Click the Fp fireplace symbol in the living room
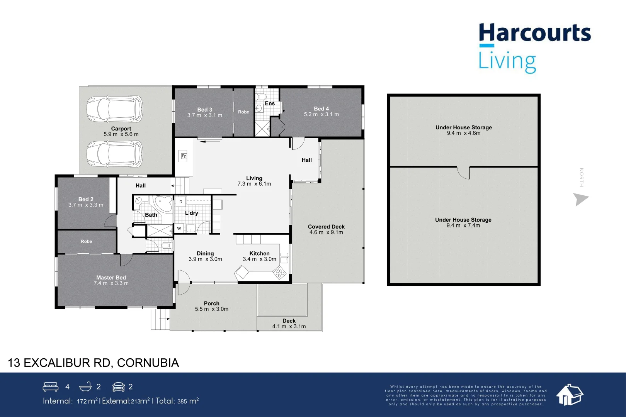[184, 156]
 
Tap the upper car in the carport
[114, 109]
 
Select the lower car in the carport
[114, 154]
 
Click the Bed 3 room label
[204, 110]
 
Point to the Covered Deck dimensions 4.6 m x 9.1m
[326, 232]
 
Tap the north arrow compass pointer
[580, 199]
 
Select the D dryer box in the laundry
[180, 202]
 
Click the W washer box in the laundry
[179, 229]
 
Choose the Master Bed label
[111, 278]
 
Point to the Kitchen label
[259, 254]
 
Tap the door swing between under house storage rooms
[463, 173]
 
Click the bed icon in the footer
[51, 386]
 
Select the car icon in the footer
[119, 386]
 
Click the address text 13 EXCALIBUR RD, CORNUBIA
[94, 363]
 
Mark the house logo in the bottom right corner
[569, 395]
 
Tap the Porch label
[211, 303]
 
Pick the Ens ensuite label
[270, 103]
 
